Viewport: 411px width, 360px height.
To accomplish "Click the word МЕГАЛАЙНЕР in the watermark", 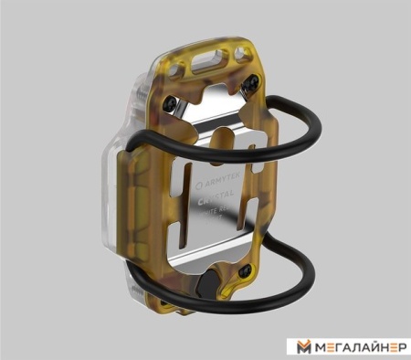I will click(357, 347).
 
